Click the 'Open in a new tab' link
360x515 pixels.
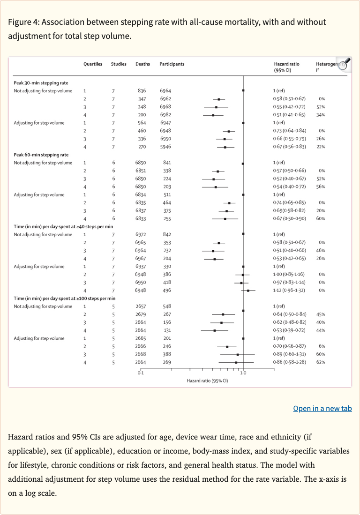(x=322, y=409)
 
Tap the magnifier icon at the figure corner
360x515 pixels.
(x=344, y=64)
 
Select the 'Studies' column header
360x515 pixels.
(x=119, y=64)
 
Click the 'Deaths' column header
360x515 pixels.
(x=142, y=64)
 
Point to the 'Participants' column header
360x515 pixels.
(x=172, y=64)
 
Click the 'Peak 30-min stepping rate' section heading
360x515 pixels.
(x=41, y=83)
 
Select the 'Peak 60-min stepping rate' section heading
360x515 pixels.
(x=41, y=155)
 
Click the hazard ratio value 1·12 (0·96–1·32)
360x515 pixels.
(x=289, y=291)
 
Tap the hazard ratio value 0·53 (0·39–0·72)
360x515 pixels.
(x=289, y=330)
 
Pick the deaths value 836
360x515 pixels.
(x=142, y=91)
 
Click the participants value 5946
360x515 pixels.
(x=165, y=147)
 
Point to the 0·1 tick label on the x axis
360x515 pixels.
(x=141, y=373)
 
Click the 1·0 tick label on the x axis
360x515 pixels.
(x=243, y=373)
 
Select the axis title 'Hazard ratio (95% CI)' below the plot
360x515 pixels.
(x=207, y=381)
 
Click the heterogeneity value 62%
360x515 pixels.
(x=321, y=362)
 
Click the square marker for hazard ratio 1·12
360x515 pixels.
(x=248, y=291)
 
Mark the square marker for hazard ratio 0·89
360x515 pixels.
(x=238, y=354)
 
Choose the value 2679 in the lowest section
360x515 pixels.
(x=141, y=314)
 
